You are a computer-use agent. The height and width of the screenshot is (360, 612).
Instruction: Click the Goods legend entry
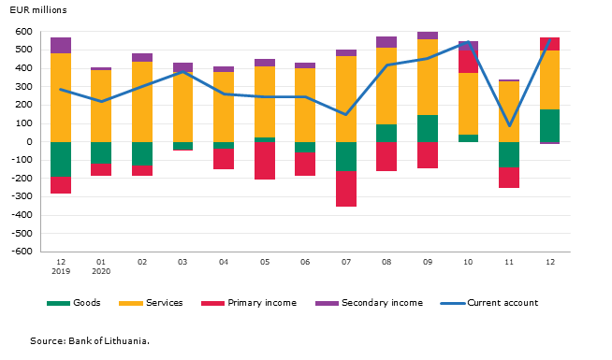[x=73, y=303]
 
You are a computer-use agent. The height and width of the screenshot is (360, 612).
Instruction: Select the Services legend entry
[x=151, y=303]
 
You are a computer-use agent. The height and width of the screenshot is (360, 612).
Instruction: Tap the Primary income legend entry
[x=249, y=303]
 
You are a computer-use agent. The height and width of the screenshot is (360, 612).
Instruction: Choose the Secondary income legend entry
[x=369, y=303]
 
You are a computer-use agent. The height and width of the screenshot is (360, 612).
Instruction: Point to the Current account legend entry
[x=489, y=303]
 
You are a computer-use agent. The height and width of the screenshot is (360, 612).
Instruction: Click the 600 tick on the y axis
[x=23, y=32]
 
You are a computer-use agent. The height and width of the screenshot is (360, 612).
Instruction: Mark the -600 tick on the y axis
[x=22, y=252]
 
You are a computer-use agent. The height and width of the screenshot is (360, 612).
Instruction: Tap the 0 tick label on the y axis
[x=30, y=142]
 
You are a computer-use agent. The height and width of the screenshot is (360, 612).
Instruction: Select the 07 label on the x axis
[x=346, y=262]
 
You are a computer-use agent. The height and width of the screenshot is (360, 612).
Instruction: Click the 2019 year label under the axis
[x=61, y=271]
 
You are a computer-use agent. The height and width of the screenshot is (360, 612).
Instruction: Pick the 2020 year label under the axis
[x=101, y=271]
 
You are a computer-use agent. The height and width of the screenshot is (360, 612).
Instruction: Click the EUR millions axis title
[x=38, y=10]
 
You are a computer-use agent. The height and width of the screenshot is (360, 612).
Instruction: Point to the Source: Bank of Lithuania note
[x=90, y=341]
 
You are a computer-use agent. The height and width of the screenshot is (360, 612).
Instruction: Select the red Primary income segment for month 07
[x=346, y=189]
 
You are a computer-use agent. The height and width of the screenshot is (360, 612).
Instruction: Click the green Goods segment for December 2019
[x=61, y=160]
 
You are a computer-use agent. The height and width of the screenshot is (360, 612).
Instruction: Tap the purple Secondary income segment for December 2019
[x=61, y=46]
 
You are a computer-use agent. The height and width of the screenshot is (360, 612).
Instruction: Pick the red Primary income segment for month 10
[x=468, y=62]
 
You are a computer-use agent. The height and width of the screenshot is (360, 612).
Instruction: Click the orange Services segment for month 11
[x=509, y=111]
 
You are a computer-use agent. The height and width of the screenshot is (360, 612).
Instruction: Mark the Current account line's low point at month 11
[x=509, y=126]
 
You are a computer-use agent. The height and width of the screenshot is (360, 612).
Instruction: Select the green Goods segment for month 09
[x=428, y=129]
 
